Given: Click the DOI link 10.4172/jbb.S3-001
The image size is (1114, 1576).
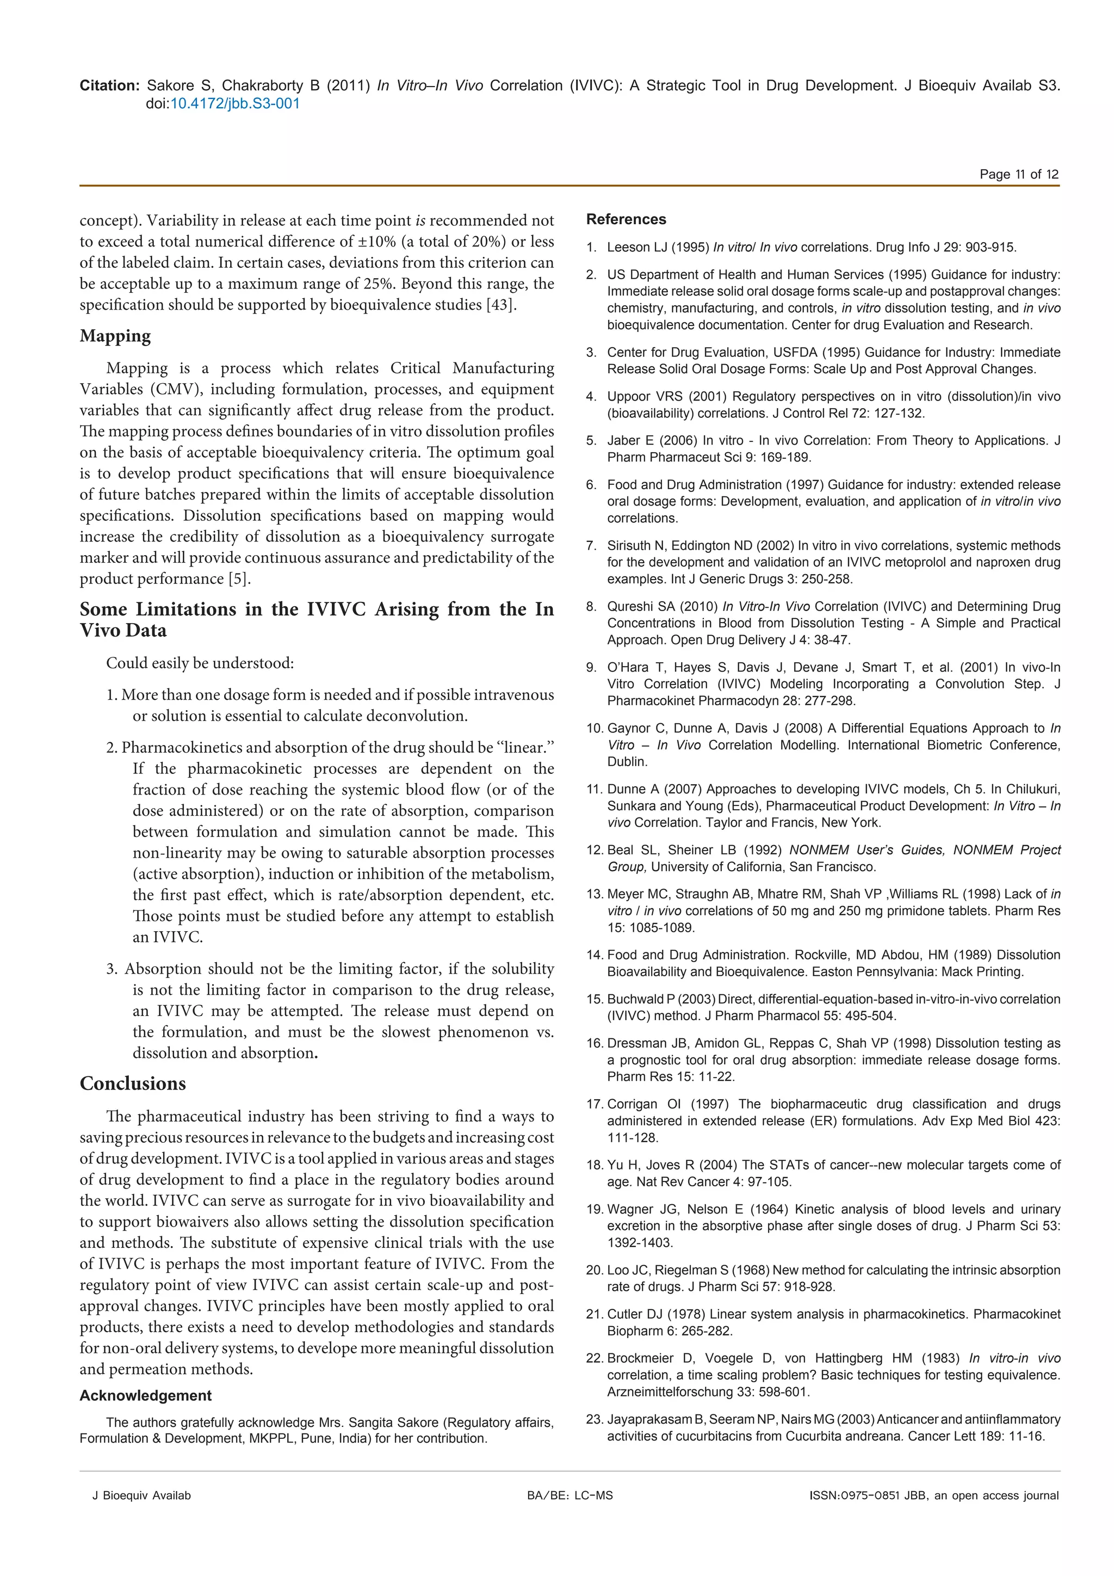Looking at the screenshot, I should [x=234, y=103].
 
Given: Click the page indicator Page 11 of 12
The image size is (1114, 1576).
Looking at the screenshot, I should [x=1019, y=174].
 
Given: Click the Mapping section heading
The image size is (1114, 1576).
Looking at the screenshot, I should [x=115, y=336].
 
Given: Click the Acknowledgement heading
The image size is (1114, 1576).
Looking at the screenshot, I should [x=145, y=1395].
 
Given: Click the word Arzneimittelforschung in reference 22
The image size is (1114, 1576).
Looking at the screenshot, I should [x=670, y=1392].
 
